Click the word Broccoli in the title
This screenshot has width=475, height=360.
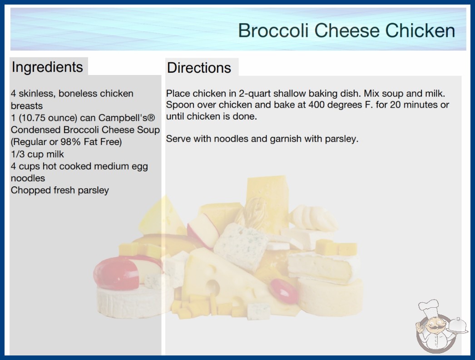point(273,30)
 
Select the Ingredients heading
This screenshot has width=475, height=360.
point(47,67)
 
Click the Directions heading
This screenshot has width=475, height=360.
point(199,68)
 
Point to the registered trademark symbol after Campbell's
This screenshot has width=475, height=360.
point(152,118)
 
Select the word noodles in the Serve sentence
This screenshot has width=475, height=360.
point(231,139)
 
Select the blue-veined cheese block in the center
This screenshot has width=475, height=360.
point(241,245)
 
